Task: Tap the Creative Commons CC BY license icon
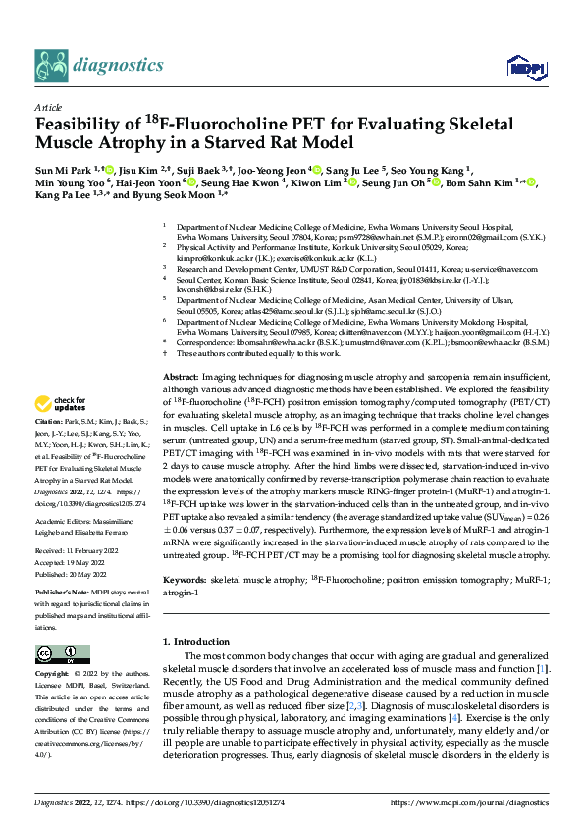coord(56,653)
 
